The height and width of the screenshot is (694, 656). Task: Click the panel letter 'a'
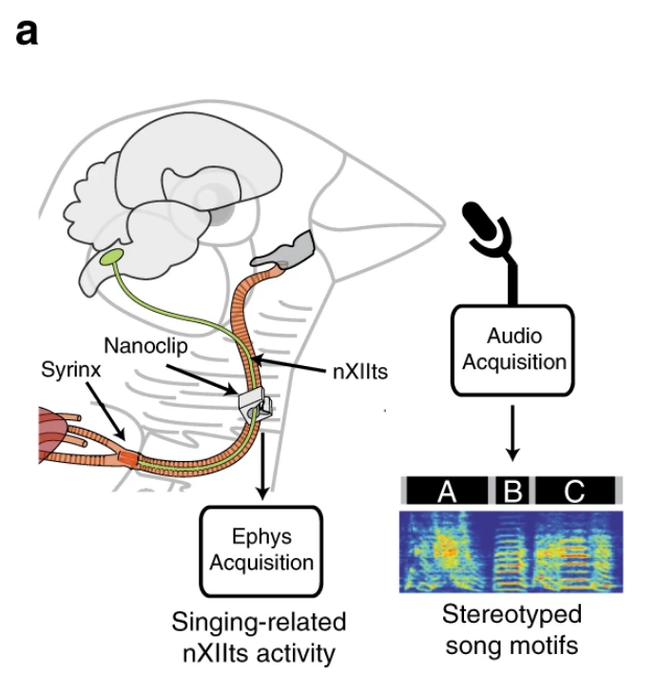coord(27,35)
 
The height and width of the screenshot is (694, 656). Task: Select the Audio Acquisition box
coord(513,349)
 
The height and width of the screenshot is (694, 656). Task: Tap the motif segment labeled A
coord(447,492)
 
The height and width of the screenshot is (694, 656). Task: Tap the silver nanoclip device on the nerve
coord(254,405)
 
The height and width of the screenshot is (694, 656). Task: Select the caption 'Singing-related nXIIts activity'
coord(259,639)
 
